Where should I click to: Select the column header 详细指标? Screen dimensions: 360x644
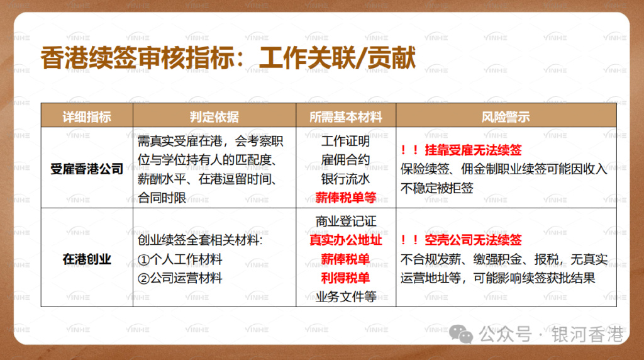[x=87, y=117]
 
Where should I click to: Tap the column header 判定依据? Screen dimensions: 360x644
[x=214, y=117]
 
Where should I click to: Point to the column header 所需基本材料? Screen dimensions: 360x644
[x=345, y=117]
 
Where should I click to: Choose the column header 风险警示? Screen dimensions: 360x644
[x=505, y=117]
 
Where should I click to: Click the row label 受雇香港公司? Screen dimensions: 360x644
[x=87, y=169]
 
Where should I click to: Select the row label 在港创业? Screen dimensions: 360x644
[x=87, y=259]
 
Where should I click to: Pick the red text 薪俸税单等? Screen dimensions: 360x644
[x=345, y=197]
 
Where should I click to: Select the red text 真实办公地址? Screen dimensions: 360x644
[x=345, y=240]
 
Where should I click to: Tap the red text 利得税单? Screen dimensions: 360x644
[x=345, y=278]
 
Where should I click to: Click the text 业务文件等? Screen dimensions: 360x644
[x=345, y=296]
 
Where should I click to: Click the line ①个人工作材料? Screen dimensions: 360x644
[x=180, y=259]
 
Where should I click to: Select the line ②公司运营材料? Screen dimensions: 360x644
[x=180, y=278]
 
